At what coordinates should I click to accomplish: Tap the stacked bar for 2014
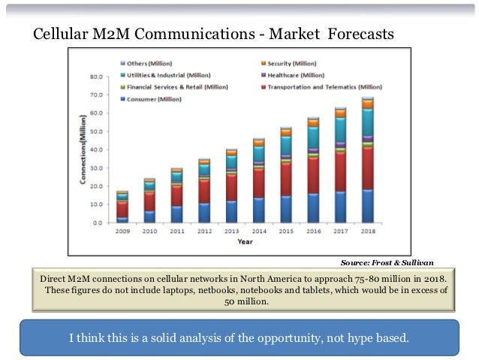pyautogui.click(x=258, y=180)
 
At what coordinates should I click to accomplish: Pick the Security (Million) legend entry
pyautogui.click(x=285, y=64)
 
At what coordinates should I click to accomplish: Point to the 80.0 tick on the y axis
pyautogui.click(x=97, y=77)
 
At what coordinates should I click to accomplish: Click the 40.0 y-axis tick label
pyautogui.click(x=97, y=150)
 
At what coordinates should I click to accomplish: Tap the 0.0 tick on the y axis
pyautogui.click(x=98, y=223)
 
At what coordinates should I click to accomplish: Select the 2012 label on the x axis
pyautogui.click(x=203, y=232)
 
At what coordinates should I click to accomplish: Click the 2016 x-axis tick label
pyautogui.click(x=313, y=232)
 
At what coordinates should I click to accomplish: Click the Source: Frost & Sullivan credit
pyautogui.click(x=387, y=262)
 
